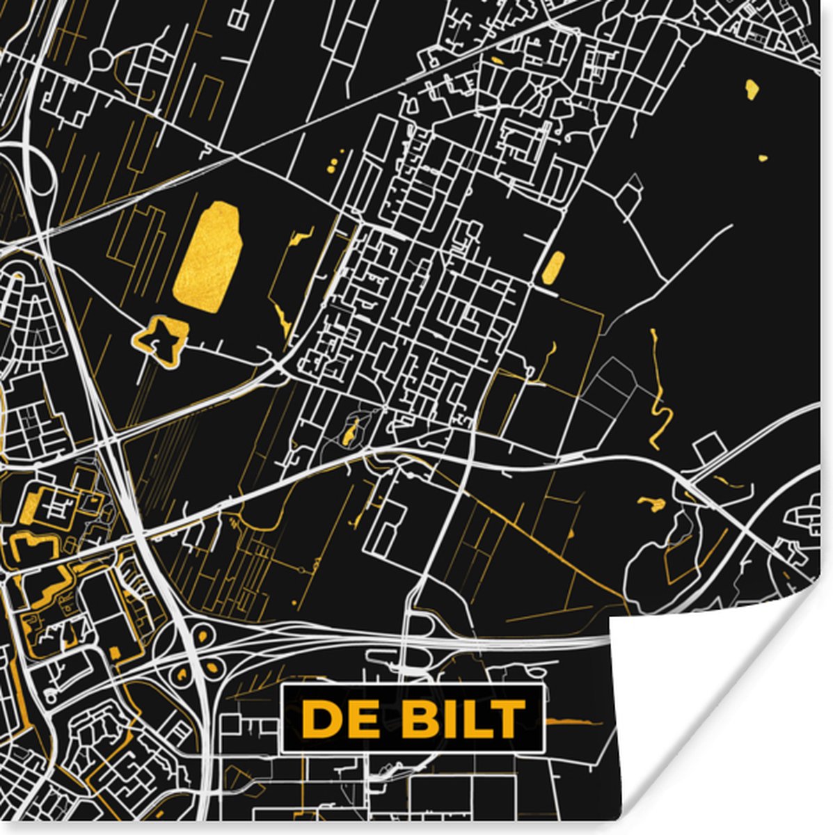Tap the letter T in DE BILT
point(509,718)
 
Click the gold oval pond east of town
point(554,267)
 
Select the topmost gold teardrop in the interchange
point(203,635)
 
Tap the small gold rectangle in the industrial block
point(114,652)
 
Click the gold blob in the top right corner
point(752,88)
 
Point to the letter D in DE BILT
point(319,718)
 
